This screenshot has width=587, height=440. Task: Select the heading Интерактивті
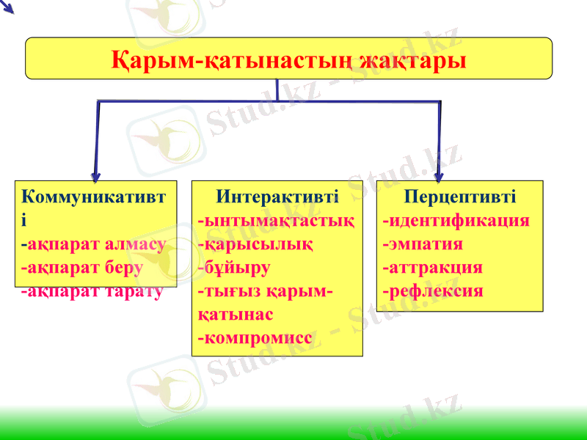[277, 197]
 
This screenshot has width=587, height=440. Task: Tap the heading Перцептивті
[460, 197]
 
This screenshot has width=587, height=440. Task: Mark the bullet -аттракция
[432, 268]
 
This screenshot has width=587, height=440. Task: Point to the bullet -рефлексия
[432, 291]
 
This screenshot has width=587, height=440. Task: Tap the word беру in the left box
[123, 268]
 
